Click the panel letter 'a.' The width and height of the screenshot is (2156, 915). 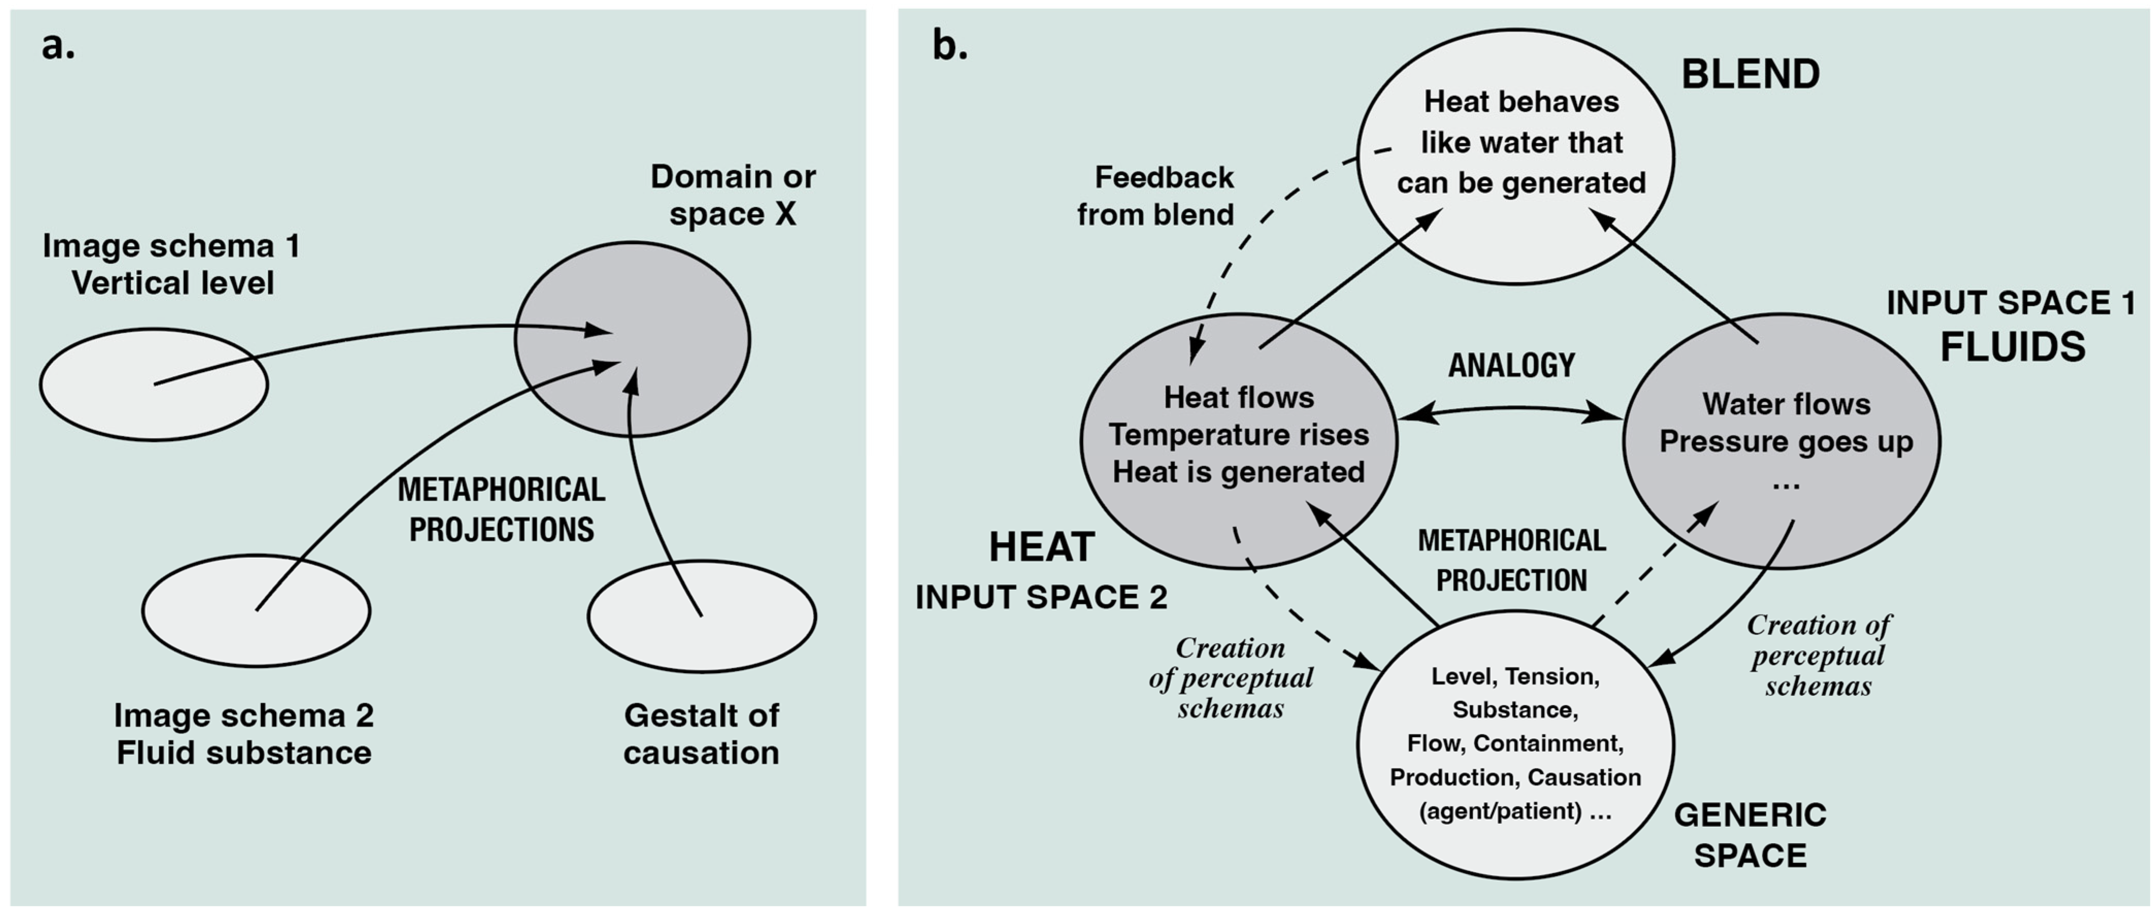pyautogui.click(x=58, y=46)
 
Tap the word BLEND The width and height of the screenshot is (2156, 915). pyautogui.click(x=1750, y=75)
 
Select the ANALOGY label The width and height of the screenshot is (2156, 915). pyautogui.click(x=1511, y=366)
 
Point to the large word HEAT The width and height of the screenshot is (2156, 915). pyautogui.click(x=1041, y=548)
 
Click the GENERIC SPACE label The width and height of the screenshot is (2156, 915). pyautogui.click(x=1750, y=835)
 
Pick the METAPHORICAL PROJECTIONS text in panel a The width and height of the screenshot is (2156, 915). pyautogui.click(x=501, y=509)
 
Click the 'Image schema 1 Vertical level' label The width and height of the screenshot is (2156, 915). pyautogui.click(x=172, y=265)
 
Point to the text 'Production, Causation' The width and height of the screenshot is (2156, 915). pyautogui.click(x=1515, y=777)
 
